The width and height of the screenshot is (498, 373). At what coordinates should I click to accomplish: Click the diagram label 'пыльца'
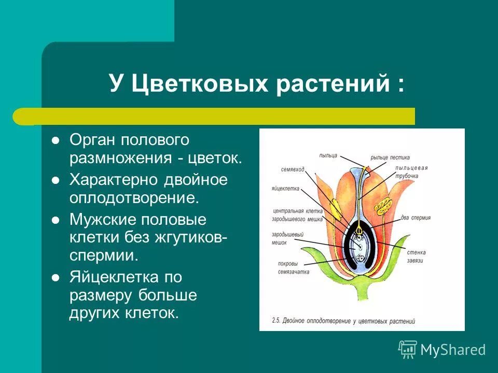pyautogui.click(x=328, y=155)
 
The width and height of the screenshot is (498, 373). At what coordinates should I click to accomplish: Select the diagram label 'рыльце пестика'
pyautogui.click(x=390, y=157)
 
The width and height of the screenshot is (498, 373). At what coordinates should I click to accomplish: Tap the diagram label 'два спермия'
pyautogui.click(x=416, y=218)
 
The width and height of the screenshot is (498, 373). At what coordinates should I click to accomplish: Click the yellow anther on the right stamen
pyautogui.click(x=384, y=206)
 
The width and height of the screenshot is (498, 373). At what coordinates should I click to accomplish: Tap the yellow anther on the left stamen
pyautogui.click(x=335, y=207)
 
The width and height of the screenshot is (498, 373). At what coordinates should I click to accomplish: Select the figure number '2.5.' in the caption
pyautogui.click(x=276, y=321)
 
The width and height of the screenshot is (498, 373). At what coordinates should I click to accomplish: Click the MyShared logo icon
pyautogui.click(x=408, y=349)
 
